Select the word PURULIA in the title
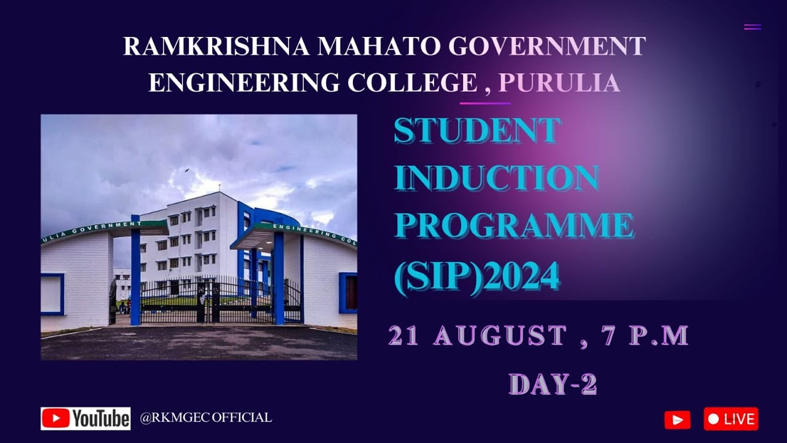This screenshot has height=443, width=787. pyautogui.click(x=559, y=82)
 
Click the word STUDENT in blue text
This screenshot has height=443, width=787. pyautogui.click(x=477, y=131)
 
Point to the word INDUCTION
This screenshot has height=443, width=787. pyautogui.click(x=496, y=178)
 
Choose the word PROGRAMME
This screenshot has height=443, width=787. pyautogui.click(x=513, y=226)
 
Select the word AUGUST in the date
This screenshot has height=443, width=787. pyautogui.click(x=500, y=336)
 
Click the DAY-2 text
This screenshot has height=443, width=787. pyautogui.click(x=553, y=385)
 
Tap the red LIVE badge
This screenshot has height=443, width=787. pyautogui.click(x=730, y=419)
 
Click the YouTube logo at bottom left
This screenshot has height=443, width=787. pyautogui.click(x=85, y=418)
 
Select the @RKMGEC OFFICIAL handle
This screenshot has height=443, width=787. pyautogui.click(x=206, y=418)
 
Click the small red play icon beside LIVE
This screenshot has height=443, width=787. pyautogui.click(x=677, y=420)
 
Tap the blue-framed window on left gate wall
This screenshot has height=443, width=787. pyautogui.click(x=52, y=294)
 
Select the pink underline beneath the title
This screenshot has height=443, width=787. pyautogui.click(x=484, y=103)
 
